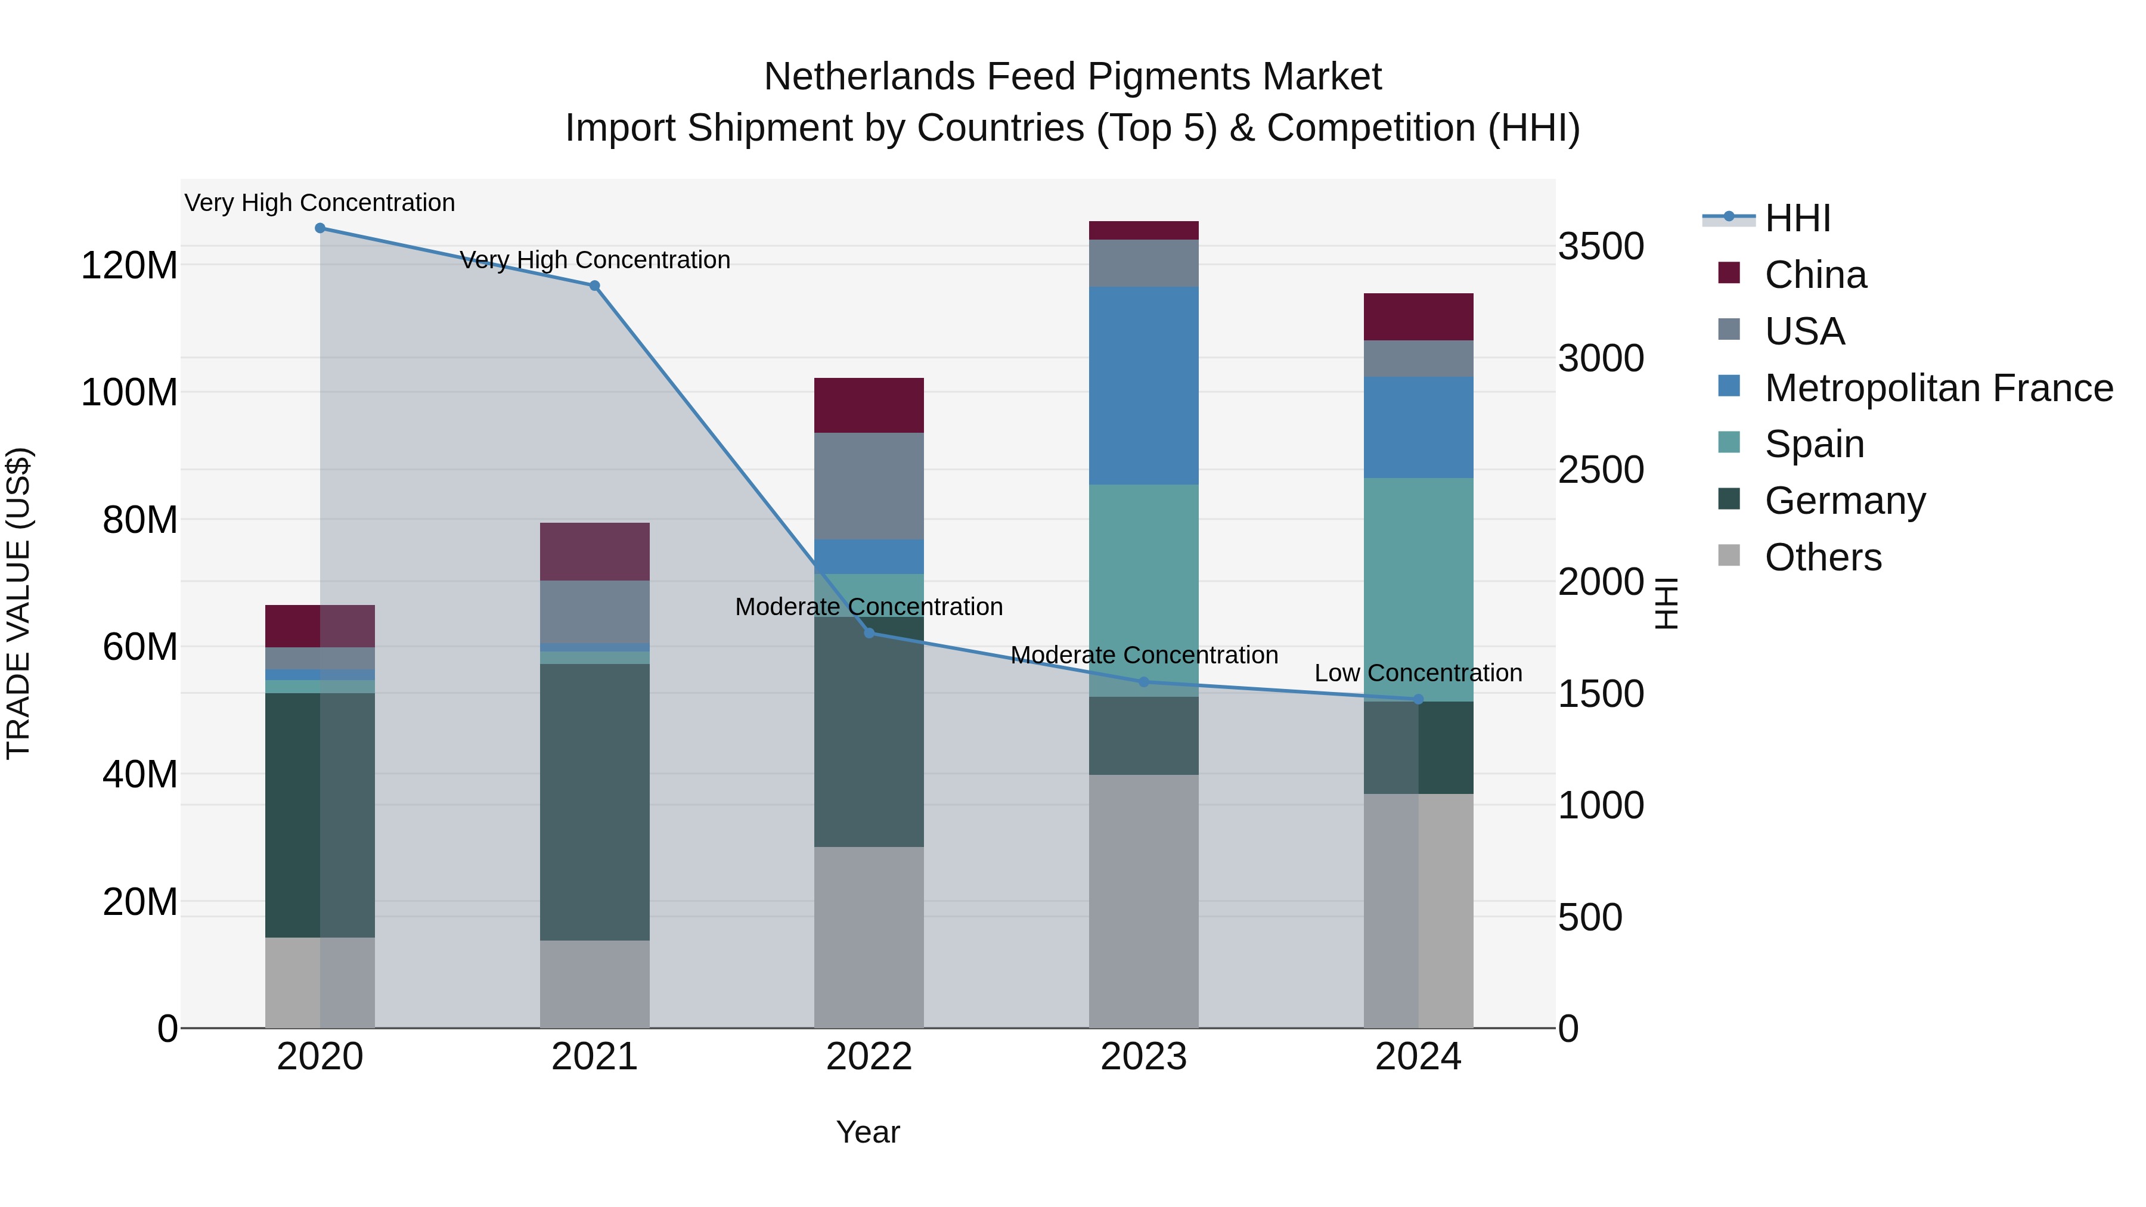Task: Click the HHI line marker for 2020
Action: point(320,228)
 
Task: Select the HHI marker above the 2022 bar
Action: point(869,633)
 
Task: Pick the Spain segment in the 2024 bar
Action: point(1418,589)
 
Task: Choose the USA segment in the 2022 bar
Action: point(869,486)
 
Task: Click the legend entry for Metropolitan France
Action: point(1938,388)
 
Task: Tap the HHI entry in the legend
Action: point(1797,218)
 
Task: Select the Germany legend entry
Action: point(1844,501)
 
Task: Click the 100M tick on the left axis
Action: point(129,392)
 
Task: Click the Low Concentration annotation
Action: point(1418,673)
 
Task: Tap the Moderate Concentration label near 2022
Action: point(869,607)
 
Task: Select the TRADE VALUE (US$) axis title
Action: point(18,603)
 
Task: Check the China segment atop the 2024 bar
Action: point(1418,317)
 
